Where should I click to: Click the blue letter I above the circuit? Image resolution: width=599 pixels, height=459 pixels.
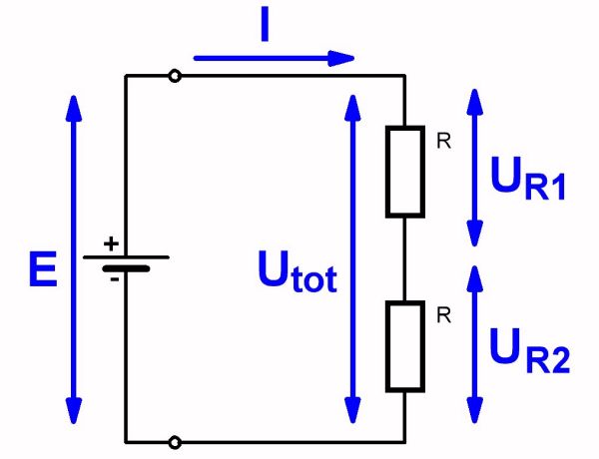click(x=265, y=28)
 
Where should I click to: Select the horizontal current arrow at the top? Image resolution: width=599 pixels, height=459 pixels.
click(x=275, y=58)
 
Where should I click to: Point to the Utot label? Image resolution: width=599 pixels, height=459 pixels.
click(x=297, y=271)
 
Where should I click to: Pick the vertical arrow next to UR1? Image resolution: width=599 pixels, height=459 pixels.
click(x=476, y=168)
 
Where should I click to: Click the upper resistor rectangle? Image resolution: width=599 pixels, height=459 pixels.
click(x=404, y=172)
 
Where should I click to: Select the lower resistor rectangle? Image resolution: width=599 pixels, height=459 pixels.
click(x=404, y=346)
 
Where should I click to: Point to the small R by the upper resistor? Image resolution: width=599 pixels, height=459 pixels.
click(x=444, y=142)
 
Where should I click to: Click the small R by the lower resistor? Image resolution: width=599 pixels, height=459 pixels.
click(x=444, y=316)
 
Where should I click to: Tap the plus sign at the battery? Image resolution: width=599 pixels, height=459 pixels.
click(x=111, y=242)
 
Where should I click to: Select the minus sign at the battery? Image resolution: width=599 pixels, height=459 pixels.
click(x=115, y=280)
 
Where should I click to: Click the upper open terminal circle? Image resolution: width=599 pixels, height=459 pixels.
click(x=175, y=76)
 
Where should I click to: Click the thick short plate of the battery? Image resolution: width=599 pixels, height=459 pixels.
click(x=125, y=268)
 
